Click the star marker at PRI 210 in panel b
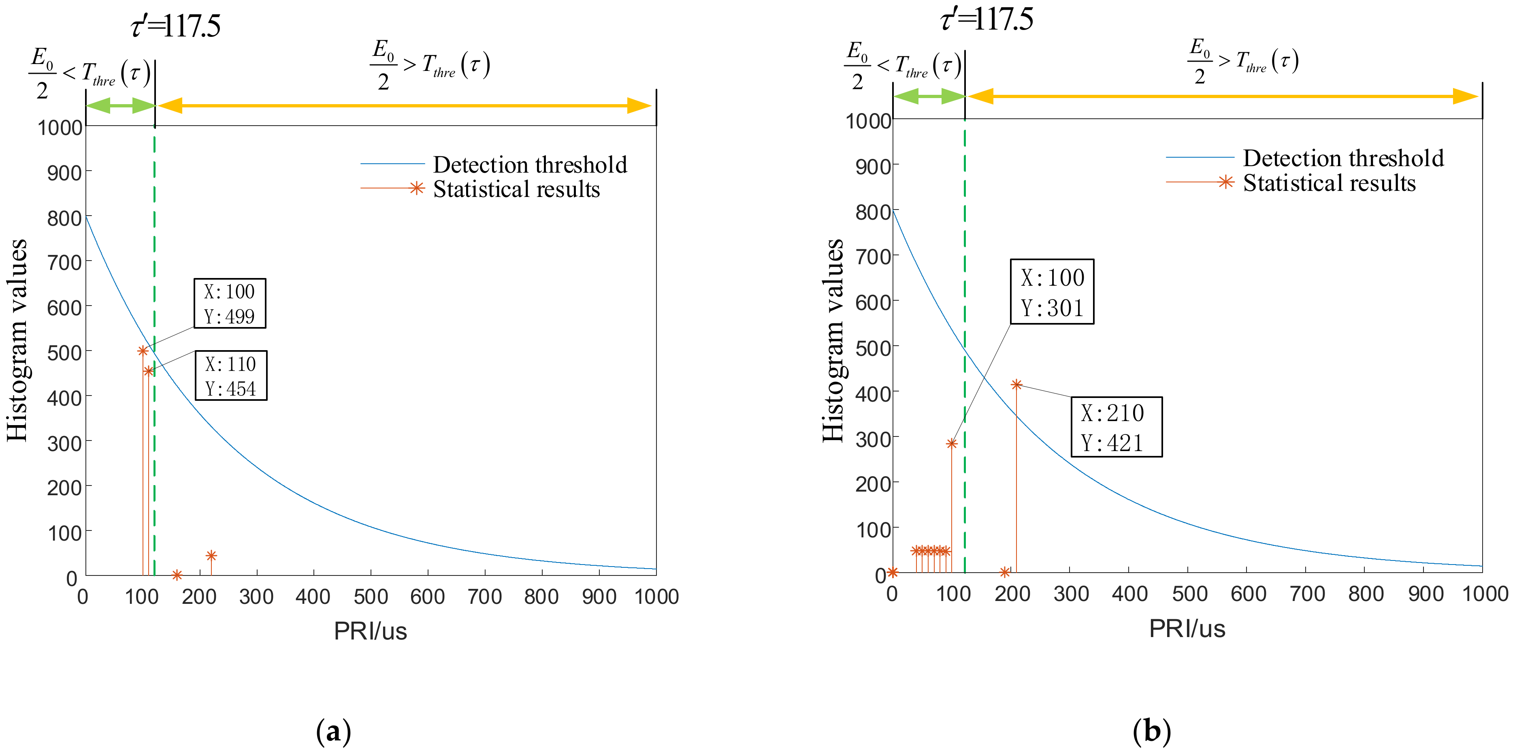tap(1016, 385)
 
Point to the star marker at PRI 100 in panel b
tap(952, 444)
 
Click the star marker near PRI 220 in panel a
tap(211, 556)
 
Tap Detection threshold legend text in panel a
tap(530, 165)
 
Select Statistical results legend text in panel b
tap(1329, 183)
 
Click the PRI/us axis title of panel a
tap(371, 631)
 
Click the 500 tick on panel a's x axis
tap(371, 597)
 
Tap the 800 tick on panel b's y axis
tap(873, 212)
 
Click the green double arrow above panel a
tap(121, 106)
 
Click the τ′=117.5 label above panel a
tap(175, 26)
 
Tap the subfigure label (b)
tap(1152, 731)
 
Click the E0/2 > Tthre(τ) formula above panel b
tap(1242, 61)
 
